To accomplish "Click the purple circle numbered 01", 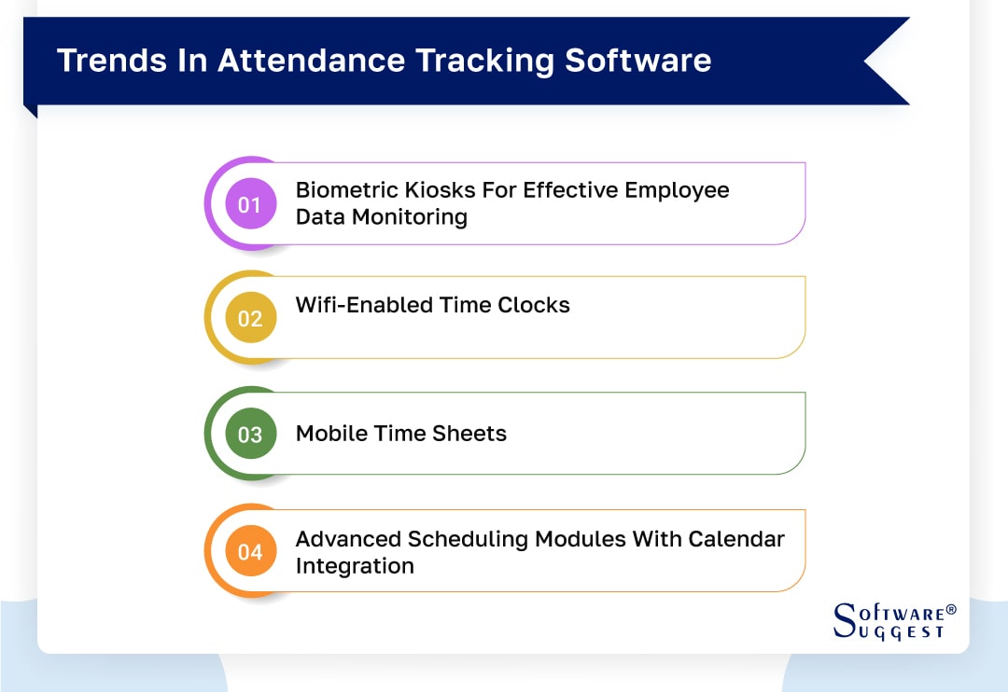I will (x=250, y=203).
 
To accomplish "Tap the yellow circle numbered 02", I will (x=250, y=318).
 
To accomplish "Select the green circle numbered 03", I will (x=250, y=434).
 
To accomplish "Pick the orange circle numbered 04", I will (x=250, y=551).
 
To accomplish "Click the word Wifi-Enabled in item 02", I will (x=365, y=305).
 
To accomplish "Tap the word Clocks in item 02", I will (x=533, y=305).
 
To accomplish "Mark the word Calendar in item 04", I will (x=736, y=539).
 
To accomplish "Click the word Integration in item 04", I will (x=355, y=565).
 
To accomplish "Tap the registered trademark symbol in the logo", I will (x=951, y=609).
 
